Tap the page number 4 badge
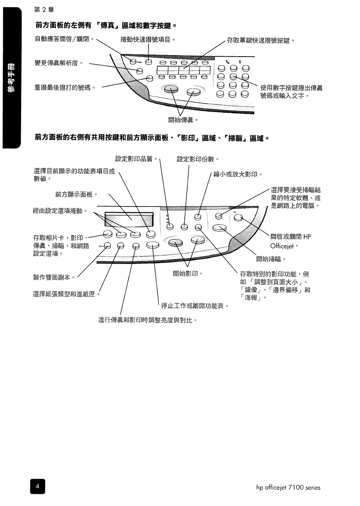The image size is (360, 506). pyautogui.click(x=37, y=486)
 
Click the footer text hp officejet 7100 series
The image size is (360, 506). pyautogui.click(x=288, y=487)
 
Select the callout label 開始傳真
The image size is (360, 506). pyautogui.click(x=179, y=120)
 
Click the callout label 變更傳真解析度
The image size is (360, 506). pyautogui.click(x=59, y=63)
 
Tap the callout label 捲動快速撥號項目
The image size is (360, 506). pyautogui.click(x=147, y=39)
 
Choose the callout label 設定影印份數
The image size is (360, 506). pyautogui.click(x=198, y=159)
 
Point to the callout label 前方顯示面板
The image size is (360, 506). pyautogui.click(x=76, y=194)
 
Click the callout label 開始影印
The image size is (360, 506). pyautogui.click(x=187, y=273)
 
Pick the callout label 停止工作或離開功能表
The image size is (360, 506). pyautogui.click(x=194, y=306)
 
